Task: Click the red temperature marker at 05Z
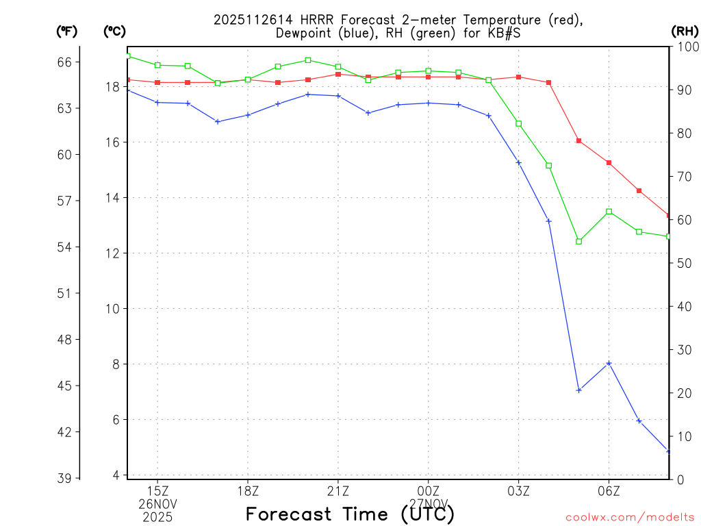pyautogui.click(x=579, y=140)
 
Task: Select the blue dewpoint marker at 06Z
pyautogui.click(x=609, y=363)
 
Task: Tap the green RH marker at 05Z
pyautogui.click(x=579, y=241)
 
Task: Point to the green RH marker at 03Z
pyautogui.click(x=519, y=123)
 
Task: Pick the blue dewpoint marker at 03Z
pyautogui.click(x=519, y=162)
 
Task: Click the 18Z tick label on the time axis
pyautogui.click(x=248, y=490)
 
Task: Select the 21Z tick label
pyautogui.click(x=338, y=490)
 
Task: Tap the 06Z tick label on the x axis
pyautogui.click(x=609, y=490)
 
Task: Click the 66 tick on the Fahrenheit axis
pyautogui.click(x=64, y=62)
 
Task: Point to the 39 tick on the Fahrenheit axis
pyautogui.click(x=64, y=478)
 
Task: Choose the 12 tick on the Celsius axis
pyautogui.click(x=112, y=253)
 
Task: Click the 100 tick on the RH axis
pyautogui.click(x=685, y=47)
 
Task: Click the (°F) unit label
pyautogui.click(x=66, y=31)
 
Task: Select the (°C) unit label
pyautogui.click(x=114, y=31)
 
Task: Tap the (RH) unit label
pyautogui.click(x=685, y=31)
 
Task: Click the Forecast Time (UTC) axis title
pyautogui.click(x=350, y=514)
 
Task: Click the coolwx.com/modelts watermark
pyautogui.click(x=630, y=518)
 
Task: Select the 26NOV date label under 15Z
pyautogui.click(x=158, y=503)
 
